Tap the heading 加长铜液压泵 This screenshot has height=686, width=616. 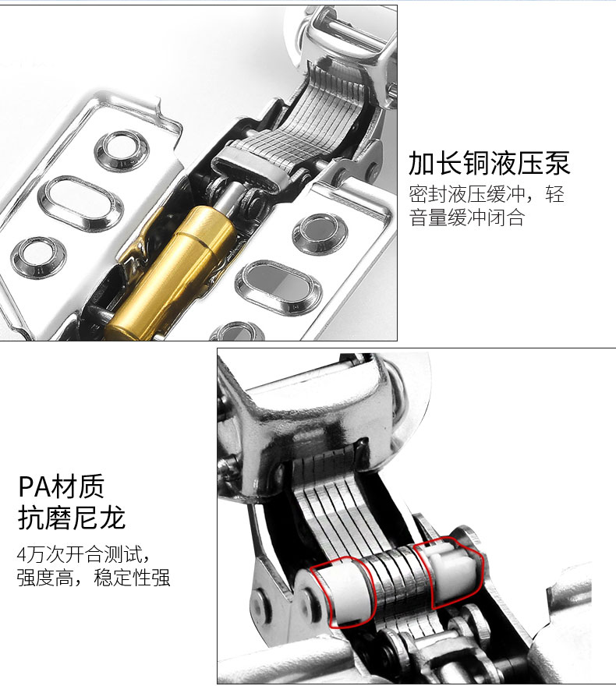point(490,163)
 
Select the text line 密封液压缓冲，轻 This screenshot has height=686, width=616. point(487,194)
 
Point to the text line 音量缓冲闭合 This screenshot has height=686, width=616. point(467,217)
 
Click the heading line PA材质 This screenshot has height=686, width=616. point(62,486)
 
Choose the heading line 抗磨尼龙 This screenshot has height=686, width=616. point(72,518)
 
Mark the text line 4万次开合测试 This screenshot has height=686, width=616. point(83,554)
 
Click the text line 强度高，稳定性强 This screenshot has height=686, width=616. point(94,578)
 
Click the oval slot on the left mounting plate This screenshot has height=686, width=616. point(80,204)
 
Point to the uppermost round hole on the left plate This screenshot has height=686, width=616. point(122,150)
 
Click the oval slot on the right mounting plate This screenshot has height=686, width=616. point(278,288)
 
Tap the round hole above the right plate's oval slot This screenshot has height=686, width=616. point(320,234)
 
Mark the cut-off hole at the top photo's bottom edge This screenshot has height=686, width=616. point(238,331)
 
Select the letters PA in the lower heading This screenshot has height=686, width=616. point(34,486)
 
